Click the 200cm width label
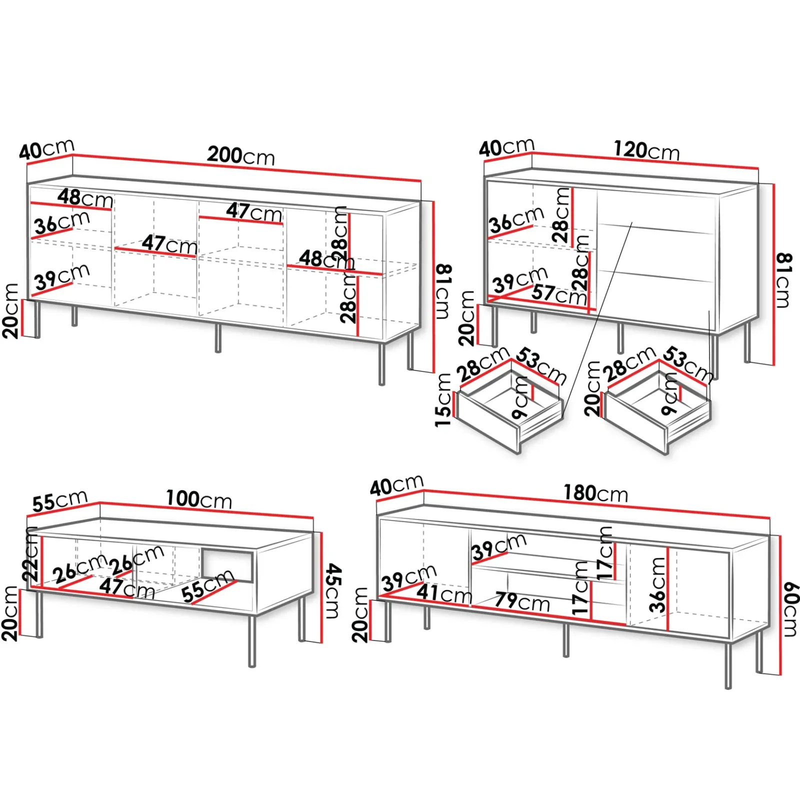point(241,155)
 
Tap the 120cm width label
point(646,150)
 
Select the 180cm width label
point(595,493)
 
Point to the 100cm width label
point(199,499)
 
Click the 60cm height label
point(790,609)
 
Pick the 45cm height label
point(332,590)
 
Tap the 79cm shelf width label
point(522,601)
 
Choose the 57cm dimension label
point(559,294)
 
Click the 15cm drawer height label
point(443,400)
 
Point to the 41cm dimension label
point(444,593)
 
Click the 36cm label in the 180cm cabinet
point(658,585)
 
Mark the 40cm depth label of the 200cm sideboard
point(47,149)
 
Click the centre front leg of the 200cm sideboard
point(217,337)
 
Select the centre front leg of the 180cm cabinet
point(565,640)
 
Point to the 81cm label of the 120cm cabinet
point(784,280)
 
